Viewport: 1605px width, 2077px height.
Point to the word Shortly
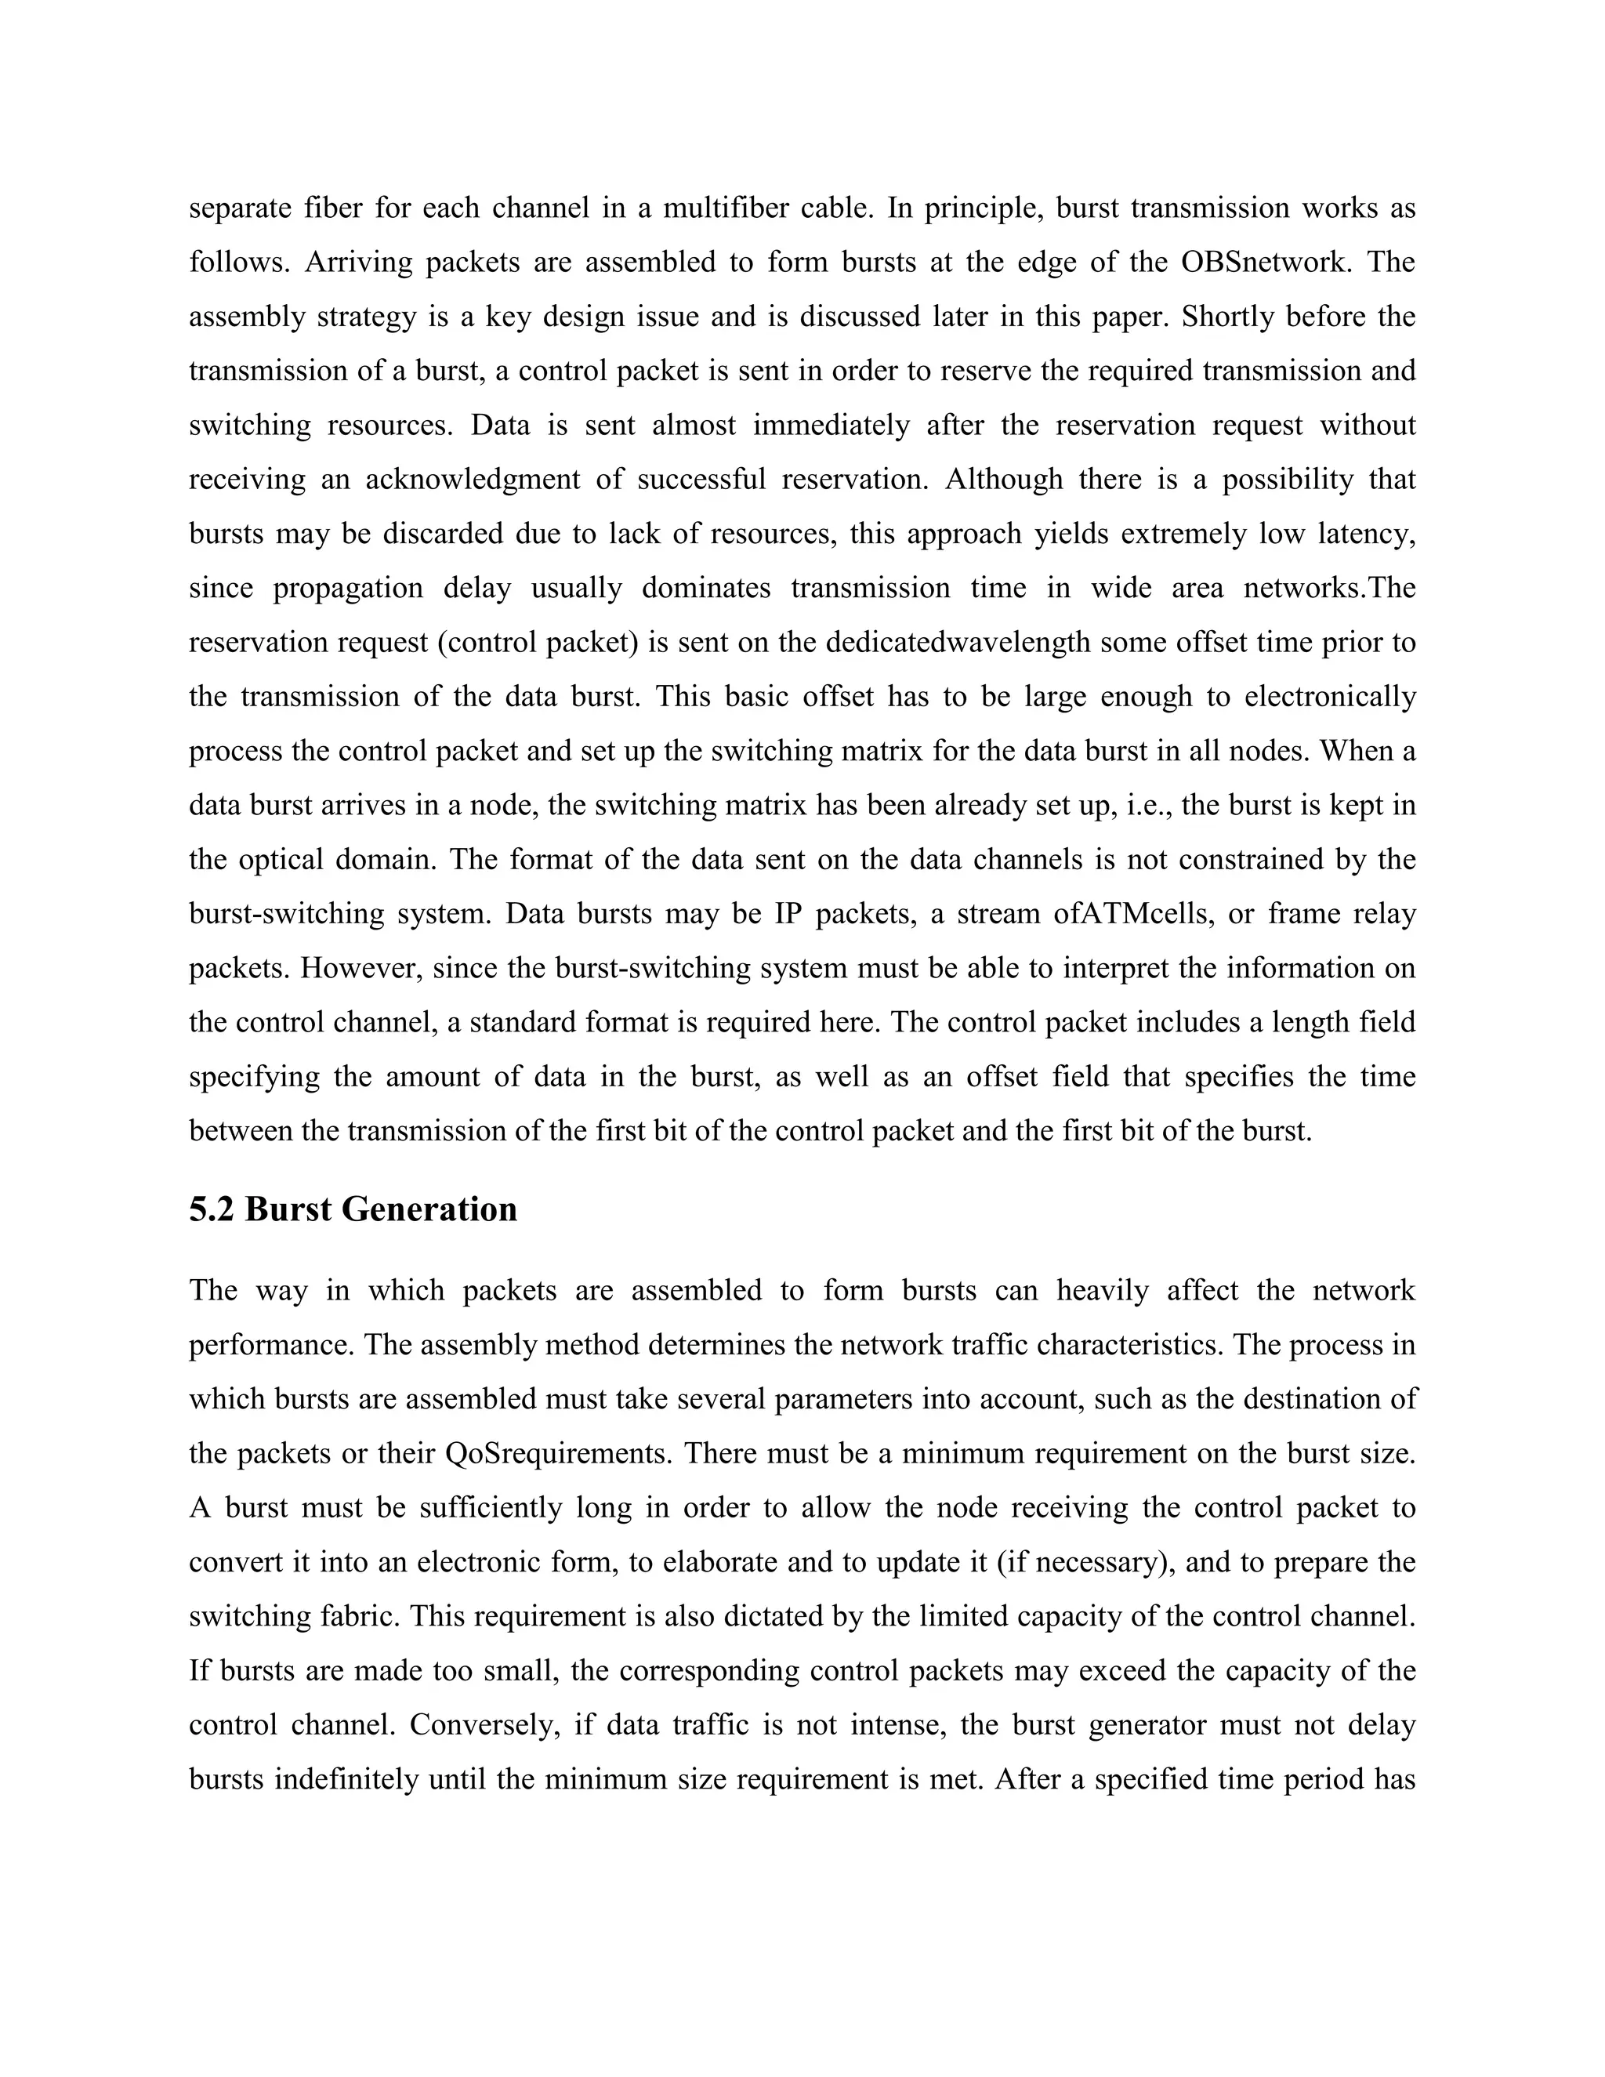click(x=1226, y=316)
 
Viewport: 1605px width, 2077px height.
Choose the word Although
click(x=1003, y=480)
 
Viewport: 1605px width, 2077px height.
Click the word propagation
click(x=348, y=588)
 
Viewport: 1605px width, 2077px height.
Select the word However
click(x=361, y=968)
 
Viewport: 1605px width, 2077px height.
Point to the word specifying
click(x=253, y=1077)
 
